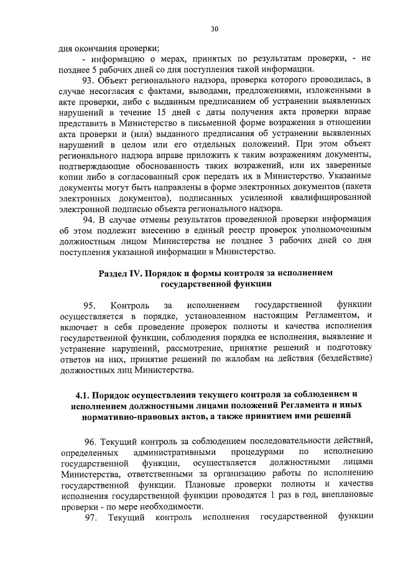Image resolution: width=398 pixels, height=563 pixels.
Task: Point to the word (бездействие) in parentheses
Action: click(x=344, y=360)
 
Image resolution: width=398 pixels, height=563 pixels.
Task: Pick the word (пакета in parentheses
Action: click(x=355, y=186)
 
